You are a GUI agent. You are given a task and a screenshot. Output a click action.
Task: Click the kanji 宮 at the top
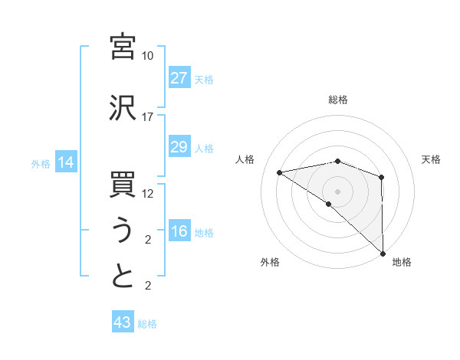[x=123, y=47]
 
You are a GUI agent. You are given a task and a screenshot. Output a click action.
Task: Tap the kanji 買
[x=123, y=185]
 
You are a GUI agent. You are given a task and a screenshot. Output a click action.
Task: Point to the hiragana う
[x=123, y=231]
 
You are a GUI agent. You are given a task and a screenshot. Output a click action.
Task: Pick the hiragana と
[x=123, y=277]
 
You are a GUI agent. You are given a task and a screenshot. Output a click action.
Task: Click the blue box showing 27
[x=179, y=78]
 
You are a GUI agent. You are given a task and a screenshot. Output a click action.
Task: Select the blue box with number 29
[x=179, y=147]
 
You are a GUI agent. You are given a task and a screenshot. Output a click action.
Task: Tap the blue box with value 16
[x=179, y=231]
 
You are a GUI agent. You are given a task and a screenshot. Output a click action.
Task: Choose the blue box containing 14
[x=65, y=162]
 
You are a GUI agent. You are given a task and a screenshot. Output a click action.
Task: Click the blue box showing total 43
[x=122, y=322]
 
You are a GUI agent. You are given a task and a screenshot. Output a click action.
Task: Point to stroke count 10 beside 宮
[x=148, y=56]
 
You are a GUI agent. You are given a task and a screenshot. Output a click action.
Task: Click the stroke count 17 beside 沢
[x=148, y=117]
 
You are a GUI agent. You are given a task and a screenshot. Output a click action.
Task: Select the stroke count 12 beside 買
[x=148, y=194]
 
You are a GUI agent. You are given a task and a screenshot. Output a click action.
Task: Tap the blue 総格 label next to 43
[x=147, y=324]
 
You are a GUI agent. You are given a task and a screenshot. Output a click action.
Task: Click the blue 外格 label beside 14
[x=41, y=163]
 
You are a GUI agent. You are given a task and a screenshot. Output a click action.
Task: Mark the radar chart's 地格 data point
[x=383, y=253]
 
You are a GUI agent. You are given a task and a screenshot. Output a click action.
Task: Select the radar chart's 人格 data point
[x=279, y=172]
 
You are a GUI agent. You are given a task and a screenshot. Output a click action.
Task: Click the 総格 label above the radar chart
[x=338, y=100]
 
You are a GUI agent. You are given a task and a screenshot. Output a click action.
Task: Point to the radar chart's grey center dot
[x=337, y=191]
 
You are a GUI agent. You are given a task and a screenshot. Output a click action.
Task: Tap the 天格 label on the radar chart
[x=432, y=159]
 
